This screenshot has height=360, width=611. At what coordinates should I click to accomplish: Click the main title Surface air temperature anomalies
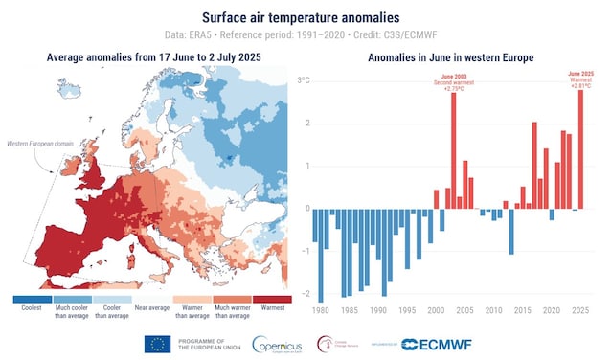pyautogui.click(x=305, y=15)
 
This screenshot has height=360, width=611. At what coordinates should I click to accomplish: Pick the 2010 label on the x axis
pyautogui.click(x=489, y=312)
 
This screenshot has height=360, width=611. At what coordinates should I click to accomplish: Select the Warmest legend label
pyautogui.click(x=272, y=309)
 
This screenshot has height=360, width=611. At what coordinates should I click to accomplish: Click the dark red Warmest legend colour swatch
pyautogui.click(x=272, y=299)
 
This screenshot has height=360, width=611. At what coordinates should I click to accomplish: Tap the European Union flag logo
pyautogui.click(x=157, y=344)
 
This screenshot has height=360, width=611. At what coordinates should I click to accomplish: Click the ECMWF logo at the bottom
pyautogui.click(x=426, y=344)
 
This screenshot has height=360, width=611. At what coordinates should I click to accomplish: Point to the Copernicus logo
pyautogui.click(x=279, y=344)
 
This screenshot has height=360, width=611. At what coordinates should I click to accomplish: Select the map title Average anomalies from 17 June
pyautogui.click(x=153, y=58)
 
